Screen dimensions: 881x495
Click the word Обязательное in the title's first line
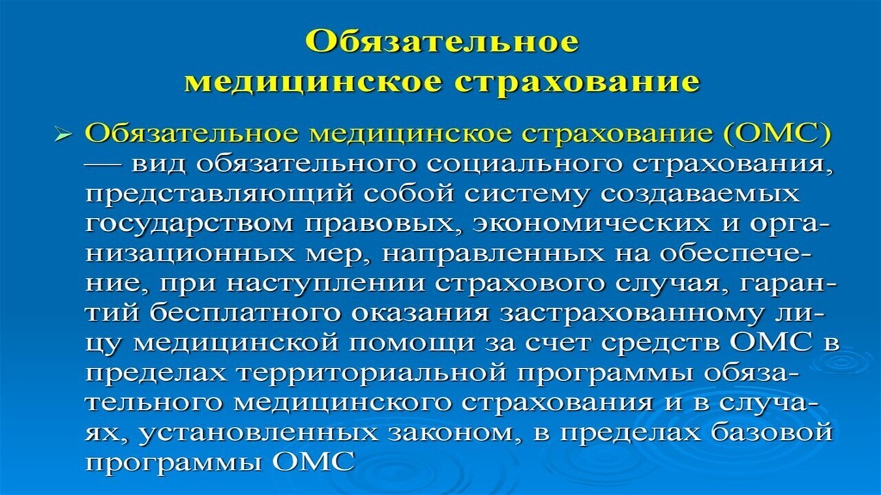(442, 42)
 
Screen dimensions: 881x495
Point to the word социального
(524, 165)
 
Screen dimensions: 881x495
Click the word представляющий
(219, 195)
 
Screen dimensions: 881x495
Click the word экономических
(592, 223)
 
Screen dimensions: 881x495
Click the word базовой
(772, 432)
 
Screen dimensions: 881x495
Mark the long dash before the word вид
(103, 166)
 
